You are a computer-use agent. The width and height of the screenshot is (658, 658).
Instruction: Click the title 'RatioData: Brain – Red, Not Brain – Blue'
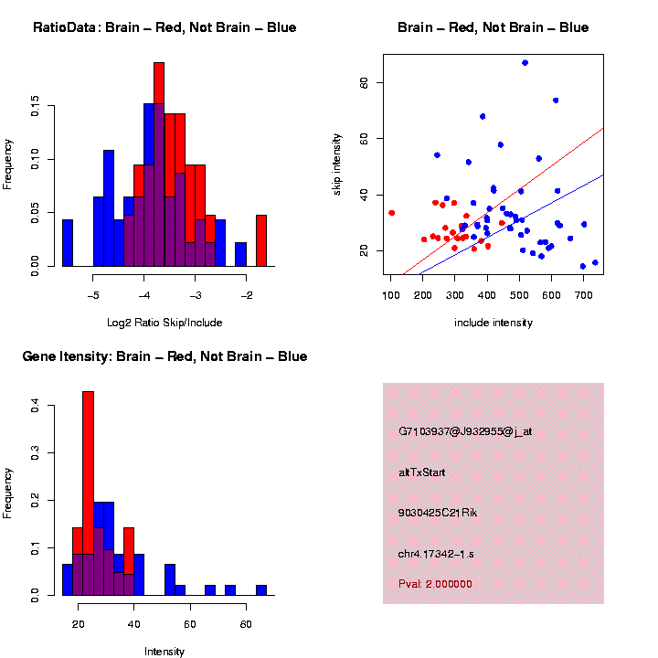pyautogui.click(x=164, y=27)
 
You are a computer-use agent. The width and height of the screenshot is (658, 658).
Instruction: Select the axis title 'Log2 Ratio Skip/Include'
pyautogui.click(x=164, y=323)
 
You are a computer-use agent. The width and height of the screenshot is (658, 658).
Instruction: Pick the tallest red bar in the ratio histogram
pyautogui.click(x=159, y=164)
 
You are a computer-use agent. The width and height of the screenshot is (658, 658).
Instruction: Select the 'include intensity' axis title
pyautogui.click(x=493, y=323)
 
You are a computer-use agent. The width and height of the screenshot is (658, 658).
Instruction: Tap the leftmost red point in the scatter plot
pyautogui.click(x=391, y=213)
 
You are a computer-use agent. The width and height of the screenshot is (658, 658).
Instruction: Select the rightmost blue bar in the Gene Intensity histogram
pyautogui.click(x=260, y=590)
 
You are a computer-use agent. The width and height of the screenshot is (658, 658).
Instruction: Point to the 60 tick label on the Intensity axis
pyautogui.click(x=190, y=624)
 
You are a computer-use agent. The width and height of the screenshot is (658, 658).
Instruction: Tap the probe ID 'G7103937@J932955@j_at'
pyautogui.click(x=465, y=431)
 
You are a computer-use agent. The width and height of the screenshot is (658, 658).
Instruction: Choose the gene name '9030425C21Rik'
pyautogui.click(x=438, y=513)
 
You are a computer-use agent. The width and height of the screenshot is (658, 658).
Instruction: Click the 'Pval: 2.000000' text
pyautogui.click(x=435, y=583)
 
